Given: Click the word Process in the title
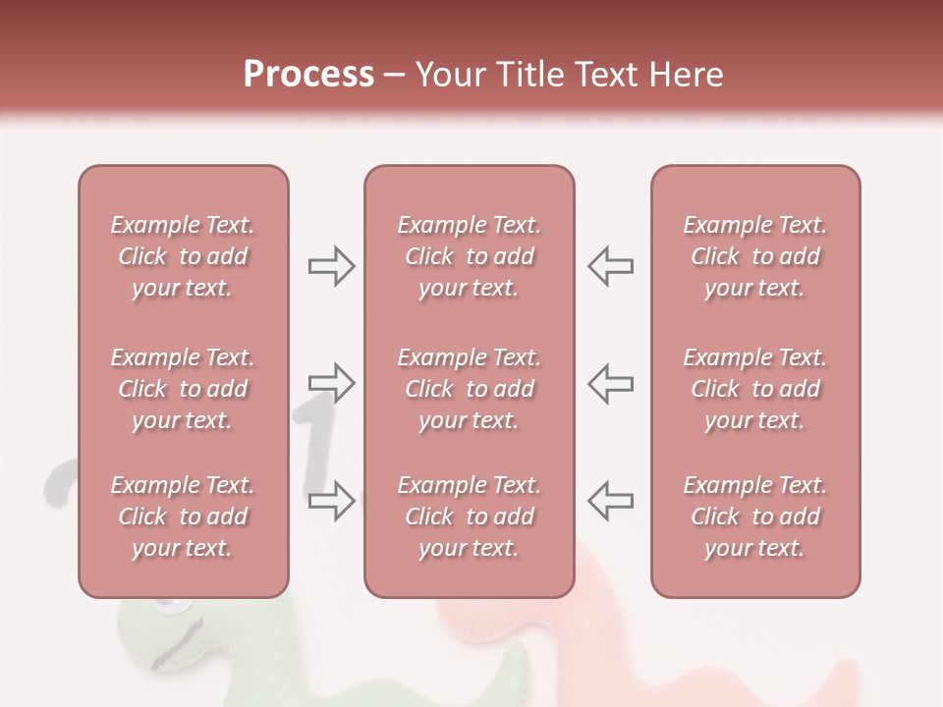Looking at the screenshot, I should pyautogui.click(x=308, y=74).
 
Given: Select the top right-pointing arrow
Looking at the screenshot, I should pyautogui.click(x=331, y=266).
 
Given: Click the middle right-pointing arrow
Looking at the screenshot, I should pyautogui.click(x=331, y=383).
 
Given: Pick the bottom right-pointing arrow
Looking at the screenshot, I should pyautogui.click(x=331, y=501).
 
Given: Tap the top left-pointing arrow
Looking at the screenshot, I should pyautogui.click(x=610, y=266).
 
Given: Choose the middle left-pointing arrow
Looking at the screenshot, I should pyautogui.click(x=610, y=383).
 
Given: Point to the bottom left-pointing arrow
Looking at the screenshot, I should pyautogui.click(x=610, y=501).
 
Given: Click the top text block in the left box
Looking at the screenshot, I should pyautogui.click(x=183, y=256).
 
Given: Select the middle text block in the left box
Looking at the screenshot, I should pyautogui.click(x=183, y=389).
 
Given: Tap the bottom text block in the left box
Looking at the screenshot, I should pyautogui.click(x=183, y=517).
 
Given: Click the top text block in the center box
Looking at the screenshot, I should pyautogui.click(x=469, y=256).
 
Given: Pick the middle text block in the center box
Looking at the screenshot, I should pyautogui.click(x=469, y=389).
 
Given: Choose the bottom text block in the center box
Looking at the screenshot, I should pyautogui.click(x=469, y=517).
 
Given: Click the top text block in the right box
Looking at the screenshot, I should pyautogui.click(x=755, y=256).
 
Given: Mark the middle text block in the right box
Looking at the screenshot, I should pyautogui.click(x=755, y=389).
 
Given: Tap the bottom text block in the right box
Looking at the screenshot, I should pyautogui.click(x=755, y=517).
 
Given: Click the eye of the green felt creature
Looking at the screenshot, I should pyautogui.click(x=175, y=610).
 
